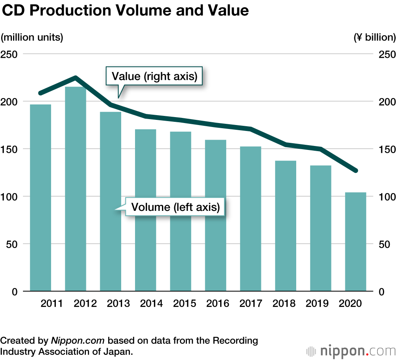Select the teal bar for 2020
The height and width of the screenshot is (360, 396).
click(x=356, y=242)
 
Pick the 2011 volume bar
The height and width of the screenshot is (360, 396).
click(x=41, y=198)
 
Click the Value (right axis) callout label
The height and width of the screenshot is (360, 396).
click(x=154, y=76)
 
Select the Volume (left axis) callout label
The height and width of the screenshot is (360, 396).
click(x=175, y=207)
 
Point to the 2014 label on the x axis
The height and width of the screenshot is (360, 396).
click(x=151, y=303)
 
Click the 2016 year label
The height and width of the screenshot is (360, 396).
click(x=218, y=303)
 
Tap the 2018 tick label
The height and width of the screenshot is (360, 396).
click(x=284, y=303)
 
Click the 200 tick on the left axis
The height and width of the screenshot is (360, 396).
click(x=9, y=102)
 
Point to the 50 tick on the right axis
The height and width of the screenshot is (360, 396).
click(x=383, y=244)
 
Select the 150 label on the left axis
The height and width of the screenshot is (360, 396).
click(x=9, y=149)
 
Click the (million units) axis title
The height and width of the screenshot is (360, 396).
click(x=32, y=38)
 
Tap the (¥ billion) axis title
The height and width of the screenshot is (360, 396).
click(x=374, y=38)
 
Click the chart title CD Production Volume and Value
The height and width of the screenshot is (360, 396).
click(x=126, y=11)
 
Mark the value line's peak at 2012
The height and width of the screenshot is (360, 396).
click(x=76, y=78)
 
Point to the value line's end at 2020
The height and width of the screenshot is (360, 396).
click(x=355, y=171)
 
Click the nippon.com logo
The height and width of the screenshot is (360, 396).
click(x=350, y=351)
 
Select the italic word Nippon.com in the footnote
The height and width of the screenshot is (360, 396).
click(x=78, y=341)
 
